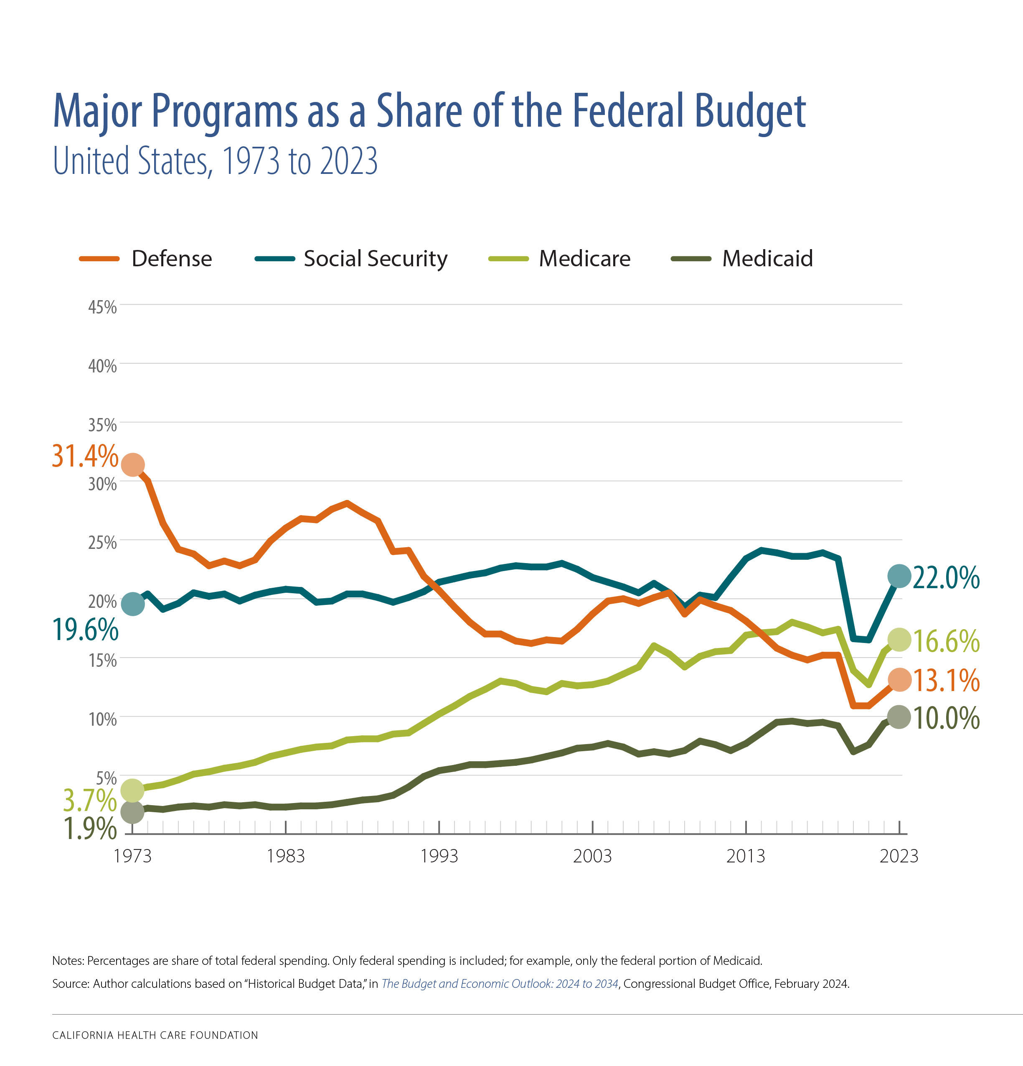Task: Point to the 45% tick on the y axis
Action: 103,307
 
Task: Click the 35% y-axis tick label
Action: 103,425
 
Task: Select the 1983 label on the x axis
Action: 285,856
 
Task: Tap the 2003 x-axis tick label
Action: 592,856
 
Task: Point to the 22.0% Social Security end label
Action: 946,578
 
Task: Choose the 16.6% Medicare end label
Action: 946,641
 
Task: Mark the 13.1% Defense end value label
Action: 946,681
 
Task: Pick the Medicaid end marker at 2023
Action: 899,717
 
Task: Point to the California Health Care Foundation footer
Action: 155,1035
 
